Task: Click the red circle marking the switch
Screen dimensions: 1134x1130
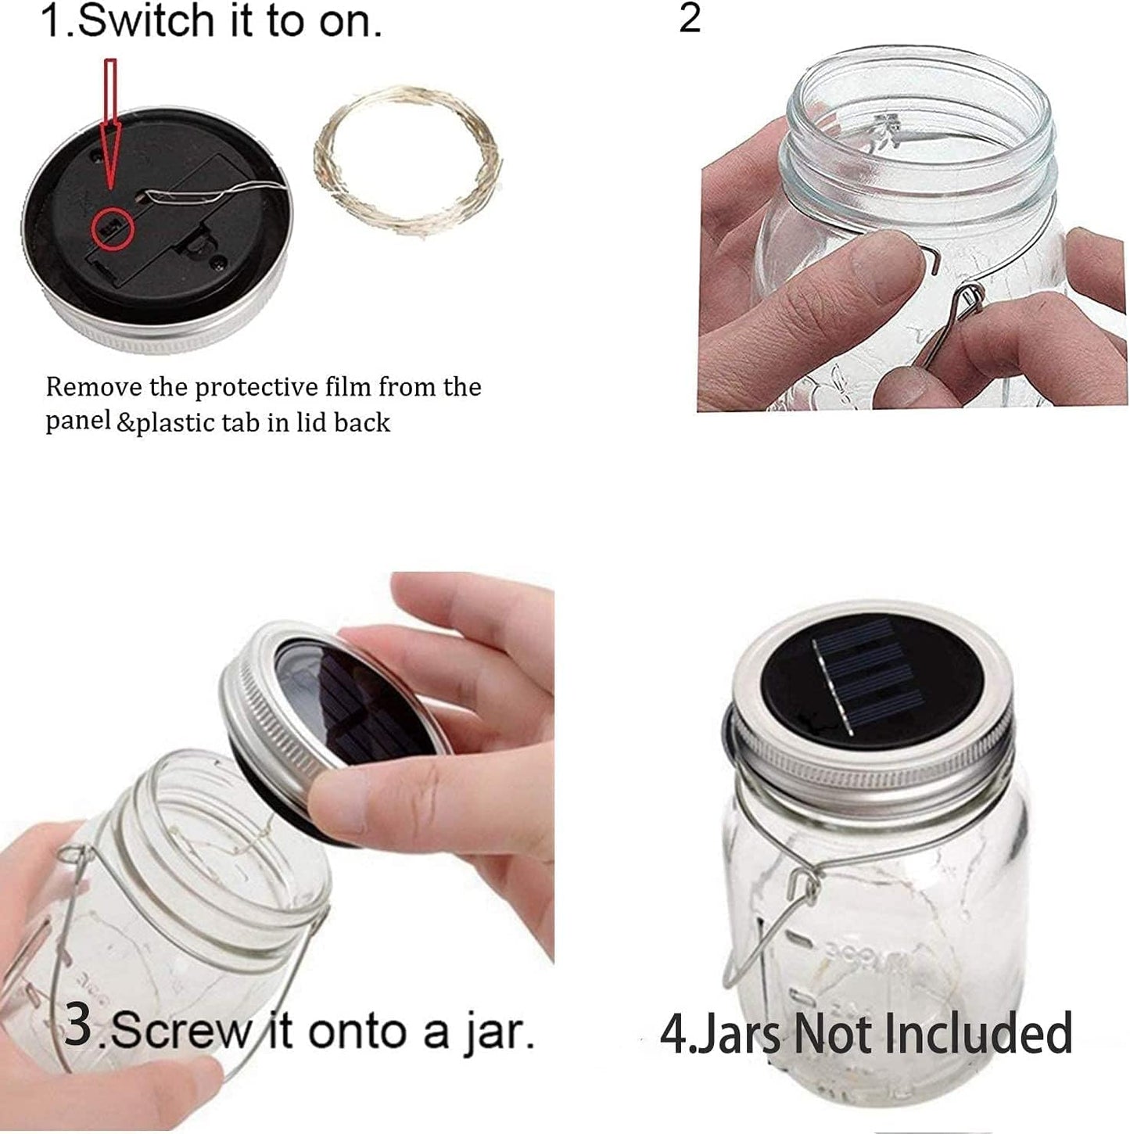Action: (x=113, y=230)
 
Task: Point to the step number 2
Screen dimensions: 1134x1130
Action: (x=690, y=19)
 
